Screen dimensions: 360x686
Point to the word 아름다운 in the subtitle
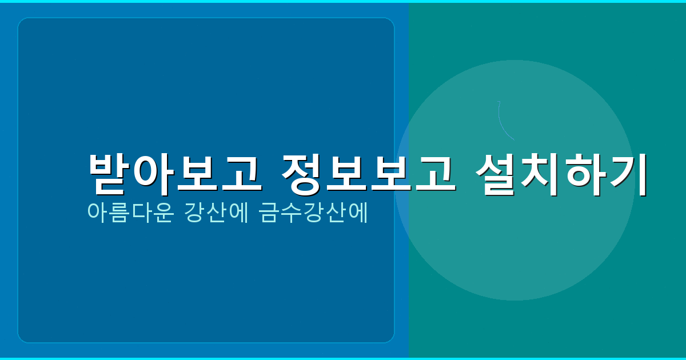(130, 213)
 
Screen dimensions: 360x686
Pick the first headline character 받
(110, 174)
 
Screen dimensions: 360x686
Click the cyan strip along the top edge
(343, 1)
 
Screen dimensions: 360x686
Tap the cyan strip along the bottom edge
(343, 358)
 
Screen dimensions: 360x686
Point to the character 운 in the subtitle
(163, 213)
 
